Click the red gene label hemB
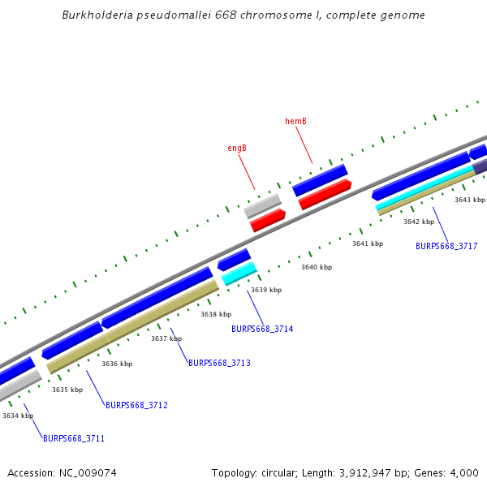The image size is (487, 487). pyautogui.click(x=295, y=122)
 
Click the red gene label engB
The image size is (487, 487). pyautogui.click(x=237, y=149)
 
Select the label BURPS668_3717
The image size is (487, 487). pyautogui.click(x=446, y=246)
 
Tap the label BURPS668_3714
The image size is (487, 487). pyautogui.click(x=262, y=329)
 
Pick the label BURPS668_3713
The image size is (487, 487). pyautogui.click(x=219, y=364)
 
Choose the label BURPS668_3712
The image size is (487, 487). pyautogui.click(x=136, y=405)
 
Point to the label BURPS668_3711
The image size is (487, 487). pyautogui.click(x=74, y=438)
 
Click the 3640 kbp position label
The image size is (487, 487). pyautogui.click(x=317, y=267)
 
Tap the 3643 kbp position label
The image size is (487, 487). pyautogui.click(x=469, y=200)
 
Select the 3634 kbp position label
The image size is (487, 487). pyautogui.click(x=18, y=416)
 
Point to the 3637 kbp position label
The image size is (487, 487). pyautogui.click(x=166, y=338)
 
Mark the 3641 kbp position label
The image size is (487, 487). pyautogui.click(x=367, y=243)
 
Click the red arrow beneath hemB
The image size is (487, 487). pyautogui.click(x=325, y=195)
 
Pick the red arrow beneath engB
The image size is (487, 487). pyautogui.click(x=268, y=220)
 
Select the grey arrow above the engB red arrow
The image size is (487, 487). pyautogui.click(x=262, y=205)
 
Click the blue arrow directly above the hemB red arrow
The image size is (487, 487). pyautogui.click(x=320, y=179)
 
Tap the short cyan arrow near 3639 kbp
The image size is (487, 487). pyautogui.click(x=239, y=273)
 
